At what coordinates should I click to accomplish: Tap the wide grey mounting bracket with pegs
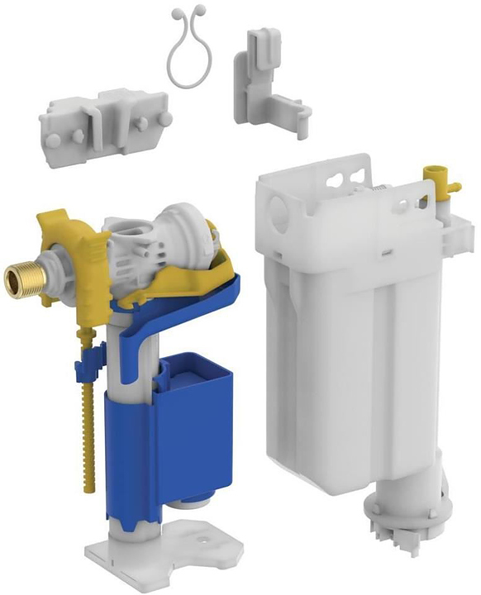(x=104, y=129)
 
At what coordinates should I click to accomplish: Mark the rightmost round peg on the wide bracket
(x=166, y=119)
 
